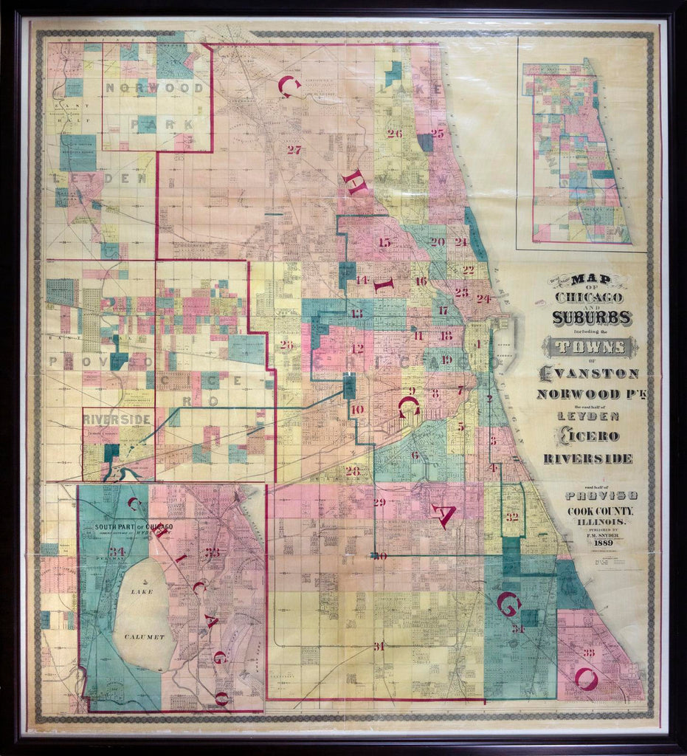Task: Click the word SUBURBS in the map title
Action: point(591,317)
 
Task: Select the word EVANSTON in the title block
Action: point(590,373)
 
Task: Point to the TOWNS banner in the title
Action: point(590,346)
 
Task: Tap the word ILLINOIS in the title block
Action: point(593,522)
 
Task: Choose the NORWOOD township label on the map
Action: point(156,88)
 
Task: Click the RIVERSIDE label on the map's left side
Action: point(117,419)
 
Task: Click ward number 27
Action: point(294,150)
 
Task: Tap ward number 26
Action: point(394,134)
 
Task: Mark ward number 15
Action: point(384,242)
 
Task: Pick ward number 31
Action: point(379,646)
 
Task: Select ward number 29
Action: point(379,503)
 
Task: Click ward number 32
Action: point(511,517)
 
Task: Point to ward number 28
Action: point(353,470)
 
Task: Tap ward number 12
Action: point(357,349)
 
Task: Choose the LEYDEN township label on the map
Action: point(100,179)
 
